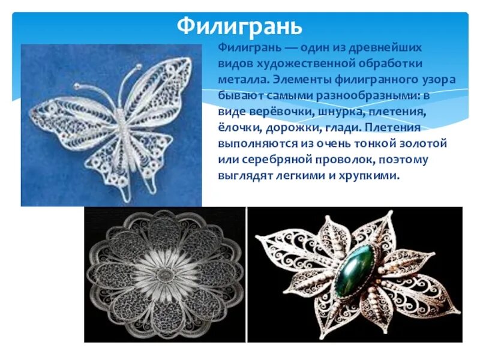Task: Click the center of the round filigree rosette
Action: (x=164, y=274)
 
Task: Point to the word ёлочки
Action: (x=238, y=128)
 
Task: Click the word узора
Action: (x=437, y=79)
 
